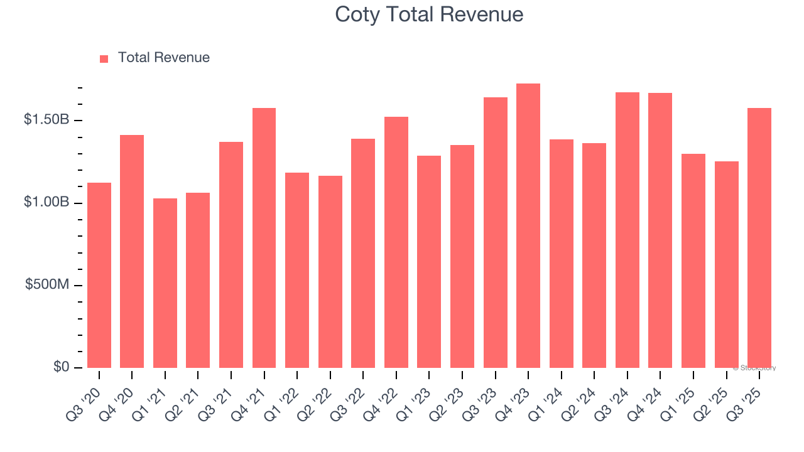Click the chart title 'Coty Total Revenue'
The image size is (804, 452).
pos(429,14)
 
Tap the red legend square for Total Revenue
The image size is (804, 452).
pos(104,58)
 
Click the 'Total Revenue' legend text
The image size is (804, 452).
pos(163,58)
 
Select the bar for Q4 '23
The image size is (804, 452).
pos(528,226)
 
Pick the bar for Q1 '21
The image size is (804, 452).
pos(165,283)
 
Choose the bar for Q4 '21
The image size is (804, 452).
pos(264,238)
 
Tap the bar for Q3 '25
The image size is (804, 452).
pos(759,238)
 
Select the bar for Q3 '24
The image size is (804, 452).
pos(627,230)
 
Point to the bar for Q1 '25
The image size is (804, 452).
pos(693,261)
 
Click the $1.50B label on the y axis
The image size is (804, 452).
pos(46,119)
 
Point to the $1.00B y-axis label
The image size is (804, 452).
pos(46,202)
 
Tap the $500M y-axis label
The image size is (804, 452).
pos(47,284)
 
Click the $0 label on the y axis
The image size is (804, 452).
pos(61,367)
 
